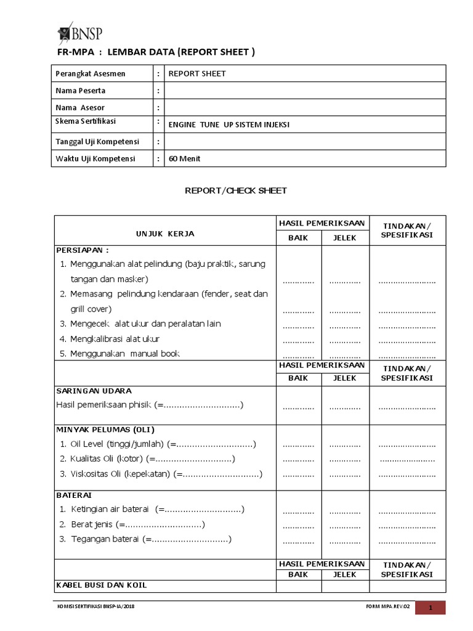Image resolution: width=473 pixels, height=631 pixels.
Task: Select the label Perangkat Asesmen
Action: (91, 73)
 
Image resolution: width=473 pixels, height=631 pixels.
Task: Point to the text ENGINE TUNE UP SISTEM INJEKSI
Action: (228, 124)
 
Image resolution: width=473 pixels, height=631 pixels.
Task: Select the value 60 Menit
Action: (185, 158)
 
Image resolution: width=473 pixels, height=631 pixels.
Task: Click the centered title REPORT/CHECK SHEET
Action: (236, 190)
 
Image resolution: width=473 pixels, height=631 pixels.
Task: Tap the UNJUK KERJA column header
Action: (165, 234)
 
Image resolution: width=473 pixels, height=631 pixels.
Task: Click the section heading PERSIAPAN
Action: (83, 250)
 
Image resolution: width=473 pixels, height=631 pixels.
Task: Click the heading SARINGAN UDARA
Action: (94, 391)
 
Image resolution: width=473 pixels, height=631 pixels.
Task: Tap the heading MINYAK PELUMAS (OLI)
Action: (105, 429)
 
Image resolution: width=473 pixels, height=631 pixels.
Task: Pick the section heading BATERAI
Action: (74, 495)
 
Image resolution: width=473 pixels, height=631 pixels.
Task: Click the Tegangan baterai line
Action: (145, 539)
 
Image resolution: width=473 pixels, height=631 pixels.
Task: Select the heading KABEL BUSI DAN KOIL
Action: (102, 585)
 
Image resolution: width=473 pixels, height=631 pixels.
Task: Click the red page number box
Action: (439, 608)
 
